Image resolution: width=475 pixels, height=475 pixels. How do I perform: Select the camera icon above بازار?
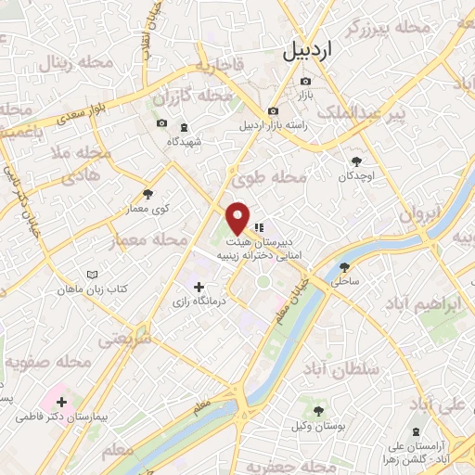305,81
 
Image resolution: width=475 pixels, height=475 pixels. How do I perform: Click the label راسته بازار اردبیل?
273,124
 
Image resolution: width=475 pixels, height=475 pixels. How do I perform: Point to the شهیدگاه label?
184,141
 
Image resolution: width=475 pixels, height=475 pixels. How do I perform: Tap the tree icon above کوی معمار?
148,194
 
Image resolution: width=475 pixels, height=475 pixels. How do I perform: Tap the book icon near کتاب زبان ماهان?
91,276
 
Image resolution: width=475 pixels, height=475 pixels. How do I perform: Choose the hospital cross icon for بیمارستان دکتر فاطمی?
61,403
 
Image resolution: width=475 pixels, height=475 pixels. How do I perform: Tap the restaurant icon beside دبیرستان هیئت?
260,225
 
